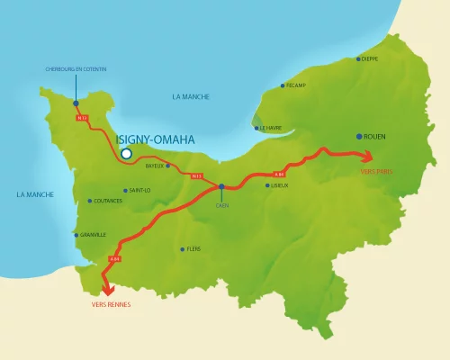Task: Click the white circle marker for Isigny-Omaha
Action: tap(126, 154)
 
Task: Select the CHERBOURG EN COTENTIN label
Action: tap(76, 68)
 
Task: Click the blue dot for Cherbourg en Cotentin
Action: tap(76, 102)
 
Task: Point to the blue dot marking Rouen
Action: tap(359, 136)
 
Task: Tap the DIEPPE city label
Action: tap(370, 59)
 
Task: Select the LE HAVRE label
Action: tap(271, 128)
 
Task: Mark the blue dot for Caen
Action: tap(221, 187)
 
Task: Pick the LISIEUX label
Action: tap(280, 185)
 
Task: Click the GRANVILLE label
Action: tap(94, 235)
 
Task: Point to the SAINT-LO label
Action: tap(140, 190)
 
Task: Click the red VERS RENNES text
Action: tap(112, 305)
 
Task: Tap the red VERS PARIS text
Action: tap(376, 170)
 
